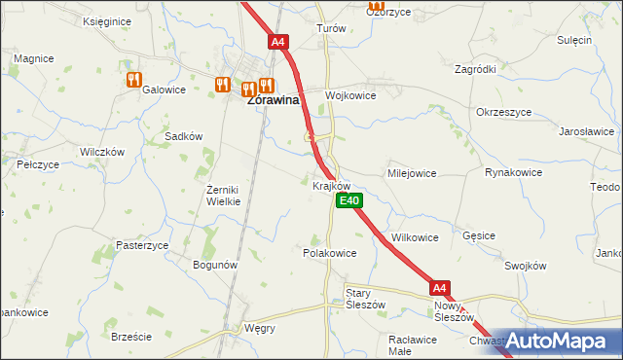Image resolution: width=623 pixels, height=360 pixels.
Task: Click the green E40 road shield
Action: click(x=349, y=200)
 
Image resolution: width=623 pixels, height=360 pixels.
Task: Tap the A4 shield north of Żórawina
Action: click(x=278, y=42)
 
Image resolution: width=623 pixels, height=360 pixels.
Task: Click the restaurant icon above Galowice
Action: click(x=133, y=80)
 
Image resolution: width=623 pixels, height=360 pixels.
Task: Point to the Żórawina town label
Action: click(x=273, y=99)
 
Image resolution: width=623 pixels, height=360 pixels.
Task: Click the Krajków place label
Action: click(x=331, y=185)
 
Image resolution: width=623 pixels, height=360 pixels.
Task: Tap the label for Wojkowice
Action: click(x=350, y=95)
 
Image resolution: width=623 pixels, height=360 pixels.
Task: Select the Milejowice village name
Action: click(x=412, y=172)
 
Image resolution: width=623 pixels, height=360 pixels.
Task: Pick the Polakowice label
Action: click(x=330, y=252)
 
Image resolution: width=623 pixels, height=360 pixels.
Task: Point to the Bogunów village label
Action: click(x=216, y=265)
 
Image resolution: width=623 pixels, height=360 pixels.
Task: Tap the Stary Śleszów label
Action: click(x=366, y=298)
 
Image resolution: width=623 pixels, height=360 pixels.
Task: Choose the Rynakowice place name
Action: click(x=513, y=172)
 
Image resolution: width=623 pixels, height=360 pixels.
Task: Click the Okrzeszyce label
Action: click(x=504, y=112)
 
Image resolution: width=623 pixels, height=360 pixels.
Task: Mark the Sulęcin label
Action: click(x=574, y=40)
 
